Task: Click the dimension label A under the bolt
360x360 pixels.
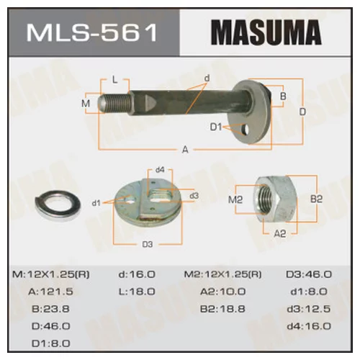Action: pyautogui.click(x=186, y=149)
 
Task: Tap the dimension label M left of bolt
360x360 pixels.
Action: pyautogui.click(x=86, y=104)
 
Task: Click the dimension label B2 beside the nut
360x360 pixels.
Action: pyautogui.click(x=315, y=199)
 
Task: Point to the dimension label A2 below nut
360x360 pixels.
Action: pyautogui.click(x=279, y=233)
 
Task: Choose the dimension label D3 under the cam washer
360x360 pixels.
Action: pyautogui.click(x=147, y=244)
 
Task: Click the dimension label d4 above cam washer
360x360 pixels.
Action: pyautogui.click(x=160, y=170)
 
